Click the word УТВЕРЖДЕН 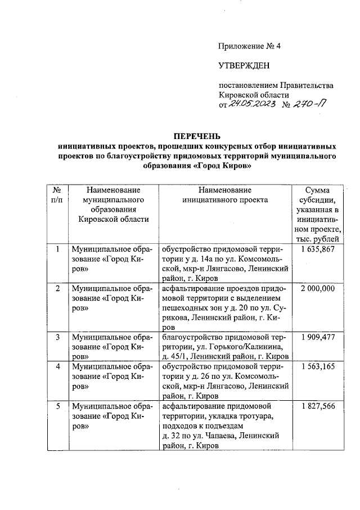pos(244,66)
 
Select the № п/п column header pos(56,195)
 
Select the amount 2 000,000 pos(318,288)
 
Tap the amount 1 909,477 pos(318,337)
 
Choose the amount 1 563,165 pos(318,366)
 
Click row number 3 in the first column pos(56,337)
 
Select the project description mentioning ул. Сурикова pos(224,307)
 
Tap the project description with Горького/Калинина pos(224,346)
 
